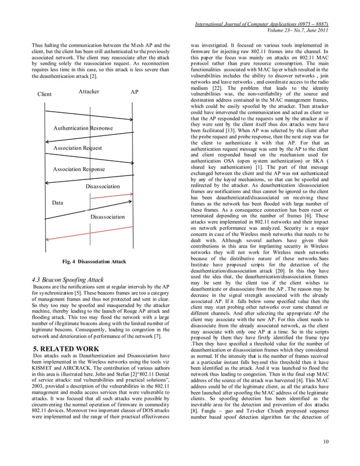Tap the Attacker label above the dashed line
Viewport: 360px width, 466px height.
(89, 91)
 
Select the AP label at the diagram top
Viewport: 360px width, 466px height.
(134, 92)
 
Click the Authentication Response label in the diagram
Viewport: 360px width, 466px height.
(83, 128)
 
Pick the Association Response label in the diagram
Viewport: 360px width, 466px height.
(79, 169)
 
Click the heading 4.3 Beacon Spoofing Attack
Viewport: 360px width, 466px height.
(68, 279)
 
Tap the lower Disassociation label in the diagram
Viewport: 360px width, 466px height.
(107, 216)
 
